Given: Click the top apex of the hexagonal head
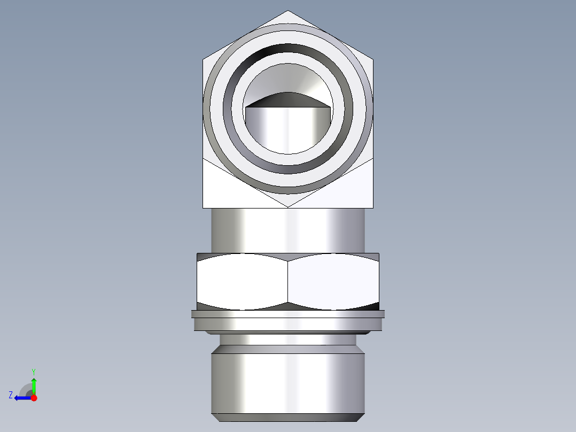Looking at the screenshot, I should (x=288, y=12).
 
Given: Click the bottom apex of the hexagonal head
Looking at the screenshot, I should (x=288, y=206).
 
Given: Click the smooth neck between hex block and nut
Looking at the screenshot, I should (x=288, y=230).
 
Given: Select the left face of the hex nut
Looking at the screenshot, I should (x=243, y=281).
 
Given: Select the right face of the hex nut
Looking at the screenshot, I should (x=333, y=281).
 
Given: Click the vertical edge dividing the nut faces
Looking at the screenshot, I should (x=288, y=281).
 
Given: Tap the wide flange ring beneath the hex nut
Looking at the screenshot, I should (x=288, y=322).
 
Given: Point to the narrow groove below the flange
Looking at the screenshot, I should (x=288, y=340).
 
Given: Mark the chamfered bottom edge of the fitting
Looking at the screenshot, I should (x=288, y=417).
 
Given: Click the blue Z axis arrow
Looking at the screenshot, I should (x=21, y=398).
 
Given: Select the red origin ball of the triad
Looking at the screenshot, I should (x=34, y=398).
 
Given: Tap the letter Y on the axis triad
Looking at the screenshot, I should (x=33, y=371).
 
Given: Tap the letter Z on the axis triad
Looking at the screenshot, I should (x=11, y=395).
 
